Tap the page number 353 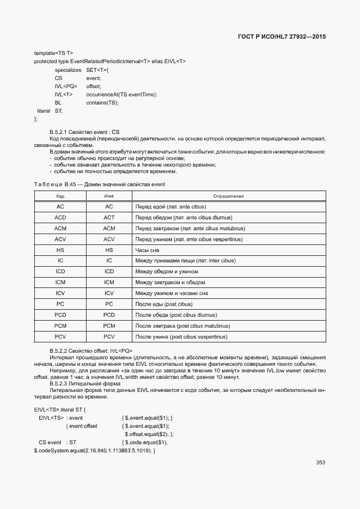(x=320, y=463)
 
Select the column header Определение (x=228, y=196)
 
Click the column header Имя (x=109, y=196)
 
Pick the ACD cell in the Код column (x=60, y=217)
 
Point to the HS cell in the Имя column (x=109, y=250)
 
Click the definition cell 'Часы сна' (x=147, y=250)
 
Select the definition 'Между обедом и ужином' (x=167, y=272)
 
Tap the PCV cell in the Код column (x=60, y=337)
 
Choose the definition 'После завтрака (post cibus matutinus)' (x=182, y=326)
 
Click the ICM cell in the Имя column (x=109, y=283)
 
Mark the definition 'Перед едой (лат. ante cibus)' (x=170, y=206)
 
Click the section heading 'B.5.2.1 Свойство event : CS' (x=84, y=132)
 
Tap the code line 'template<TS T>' (x=53, y=53)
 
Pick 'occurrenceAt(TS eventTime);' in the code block (x=121, y=94)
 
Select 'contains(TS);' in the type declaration (x=102, y=102)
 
